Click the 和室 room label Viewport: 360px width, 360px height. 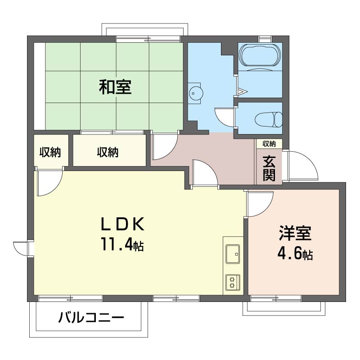115,87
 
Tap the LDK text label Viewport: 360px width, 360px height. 123,224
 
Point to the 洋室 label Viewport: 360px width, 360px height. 295,233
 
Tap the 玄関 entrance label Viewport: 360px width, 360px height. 269,168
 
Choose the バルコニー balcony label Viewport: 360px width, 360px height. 91,318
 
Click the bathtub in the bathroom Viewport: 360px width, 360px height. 260,55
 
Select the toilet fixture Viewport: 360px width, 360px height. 268,119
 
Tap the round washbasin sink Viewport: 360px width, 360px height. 196,94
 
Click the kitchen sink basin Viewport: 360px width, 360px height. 233,254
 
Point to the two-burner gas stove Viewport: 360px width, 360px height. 233,282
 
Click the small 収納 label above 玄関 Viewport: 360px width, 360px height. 269,144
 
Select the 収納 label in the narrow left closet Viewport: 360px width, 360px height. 50,152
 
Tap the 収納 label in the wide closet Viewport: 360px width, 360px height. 108,152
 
